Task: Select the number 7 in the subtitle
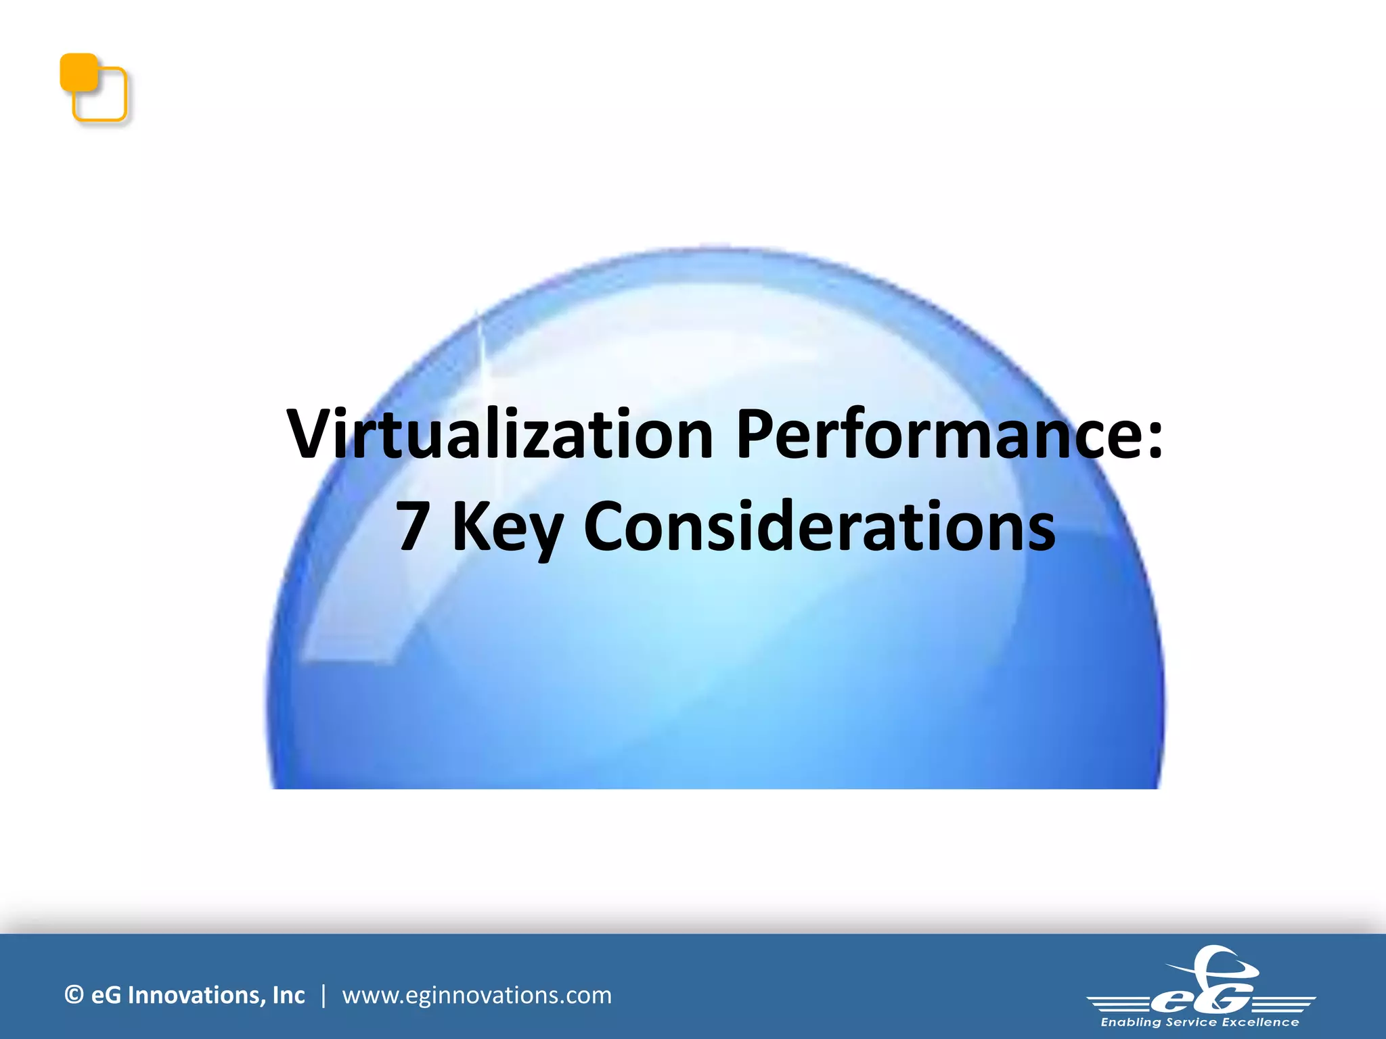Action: [x=412, y=528]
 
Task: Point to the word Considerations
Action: [x=819, y=528]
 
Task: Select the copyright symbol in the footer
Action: [x=74, y=995]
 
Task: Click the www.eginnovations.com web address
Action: [x=476, y=996]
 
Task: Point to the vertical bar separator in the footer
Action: [x=323, y=996]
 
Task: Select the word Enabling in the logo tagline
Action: [x=1131, y=1022]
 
